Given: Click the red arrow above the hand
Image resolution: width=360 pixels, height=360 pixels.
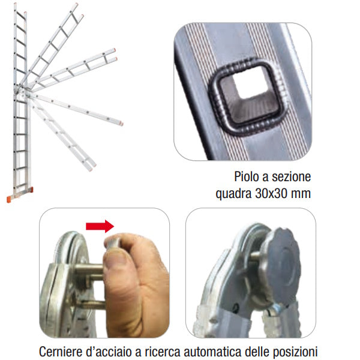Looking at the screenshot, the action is (x=100, y=226).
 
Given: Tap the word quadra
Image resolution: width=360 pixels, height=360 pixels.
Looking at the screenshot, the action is (x=233, y=194).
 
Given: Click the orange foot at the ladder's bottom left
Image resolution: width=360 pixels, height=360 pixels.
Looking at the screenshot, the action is (x=9, y=199).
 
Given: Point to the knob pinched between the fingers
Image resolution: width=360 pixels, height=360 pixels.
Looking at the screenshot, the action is (x=112, y=244).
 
